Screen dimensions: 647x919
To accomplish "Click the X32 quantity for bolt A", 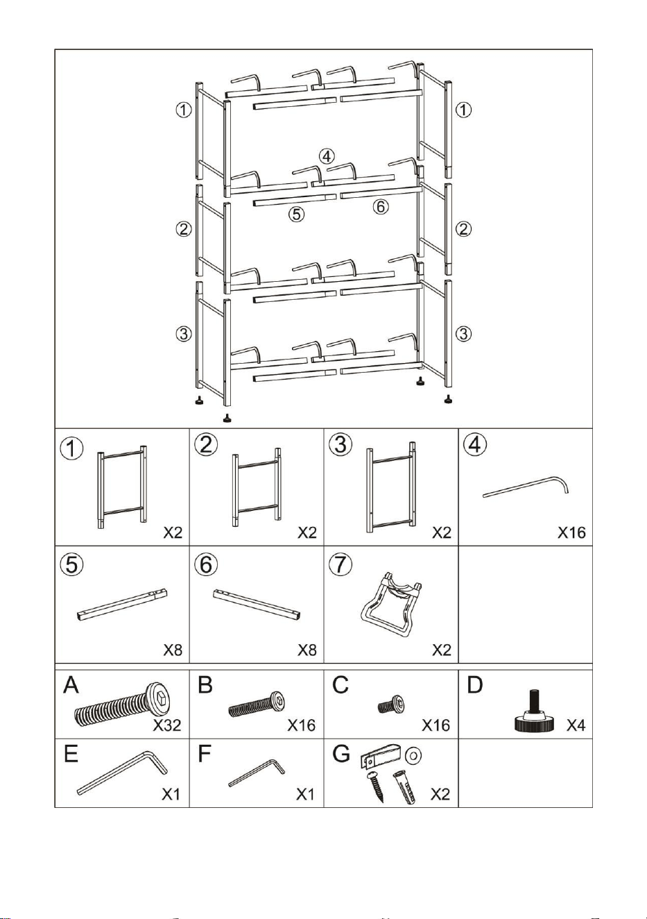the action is coord(166,725).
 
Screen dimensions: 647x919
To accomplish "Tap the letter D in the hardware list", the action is coord(475,684).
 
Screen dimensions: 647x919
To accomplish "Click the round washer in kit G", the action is coord(413,754).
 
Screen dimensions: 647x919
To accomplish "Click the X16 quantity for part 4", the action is coord(571,532).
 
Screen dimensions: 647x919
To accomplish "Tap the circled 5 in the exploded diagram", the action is coord(296,214).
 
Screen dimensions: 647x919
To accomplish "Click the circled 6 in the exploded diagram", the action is coord(381,207).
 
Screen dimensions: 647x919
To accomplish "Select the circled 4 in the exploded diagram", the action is coord(327,156).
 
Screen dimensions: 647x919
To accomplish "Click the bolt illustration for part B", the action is coord(257,703).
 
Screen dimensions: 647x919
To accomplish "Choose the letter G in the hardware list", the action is coord(341,754).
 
